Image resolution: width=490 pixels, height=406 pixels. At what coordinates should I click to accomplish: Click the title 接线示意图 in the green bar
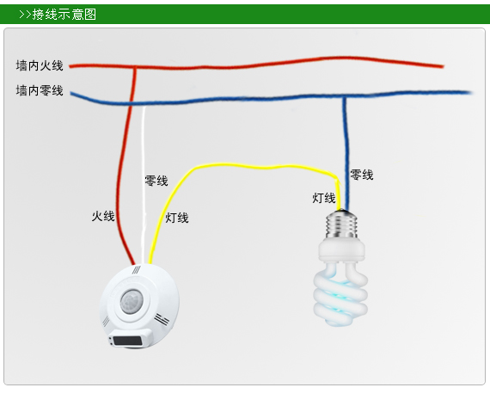[64, 15]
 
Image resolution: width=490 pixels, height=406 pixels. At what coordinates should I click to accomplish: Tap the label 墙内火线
[40, 65]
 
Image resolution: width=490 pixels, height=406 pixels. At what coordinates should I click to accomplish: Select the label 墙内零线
[40, 90]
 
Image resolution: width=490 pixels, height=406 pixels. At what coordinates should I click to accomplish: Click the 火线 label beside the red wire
[103, 216]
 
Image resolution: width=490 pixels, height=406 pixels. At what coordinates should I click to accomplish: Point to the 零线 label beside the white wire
[156, 181]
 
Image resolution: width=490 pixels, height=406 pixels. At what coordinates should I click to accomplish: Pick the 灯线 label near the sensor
[177, 218]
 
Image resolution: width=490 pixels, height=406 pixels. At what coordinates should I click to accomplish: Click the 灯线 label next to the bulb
[324, 198]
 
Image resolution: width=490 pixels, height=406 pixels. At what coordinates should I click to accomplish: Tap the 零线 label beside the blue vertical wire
[362, 175]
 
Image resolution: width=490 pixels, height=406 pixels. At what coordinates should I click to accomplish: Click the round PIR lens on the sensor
[132, 302]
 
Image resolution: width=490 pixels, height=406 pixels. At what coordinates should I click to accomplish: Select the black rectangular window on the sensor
[127, 341]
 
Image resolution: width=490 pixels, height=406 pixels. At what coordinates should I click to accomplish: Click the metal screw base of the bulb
[341, 225]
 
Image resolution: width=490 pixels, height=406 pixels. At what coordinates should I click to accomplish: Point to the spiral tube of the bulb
[340, 294]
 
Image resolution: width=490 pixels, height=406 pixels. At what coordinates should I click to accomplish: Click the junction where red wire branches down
[135, 67]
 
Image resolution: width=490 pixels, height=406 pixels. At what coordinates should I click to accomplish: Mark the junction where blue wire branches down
[344, 97]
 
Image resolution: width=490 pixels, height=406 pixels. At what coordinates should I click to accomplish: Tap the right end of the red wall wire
[443, 66]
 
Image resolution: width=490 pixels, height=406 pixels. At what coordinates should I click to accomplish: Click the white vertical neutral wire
[144, 185]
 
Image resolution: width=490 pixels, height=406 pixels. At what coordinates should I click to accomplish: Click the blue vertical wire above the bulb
[346, 153]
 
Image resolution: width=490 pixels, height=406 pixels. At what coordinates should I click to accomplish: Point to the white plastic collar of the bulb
[341, 249]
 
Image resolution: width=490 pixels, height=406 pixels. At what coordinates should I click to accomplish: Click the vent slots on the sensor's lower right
[162, 320]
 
